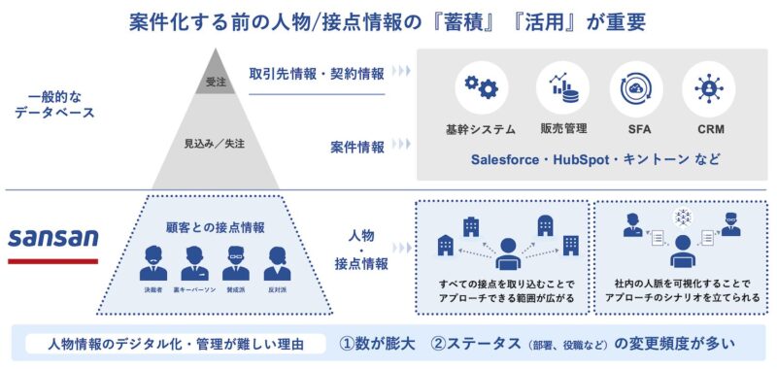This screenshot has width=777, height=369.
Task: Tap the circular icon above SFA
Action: [x=636, y=88]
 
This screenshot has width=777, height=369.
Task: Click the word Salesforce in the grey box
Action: [x=511, y=158]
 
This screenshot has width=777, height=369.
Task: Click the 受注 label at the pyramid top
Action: [x=216, y=84]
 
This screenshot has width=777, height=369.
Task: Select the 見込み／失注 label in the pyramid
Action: [x=215, y=144]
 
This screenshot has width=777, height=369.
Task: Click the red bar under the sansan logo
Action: [x=52, y=260]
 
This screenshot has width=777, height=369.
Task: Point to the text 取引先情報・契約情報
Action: [x=316, y=74]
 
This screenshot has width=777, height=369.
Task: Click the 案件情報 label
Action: [x=356, y=148]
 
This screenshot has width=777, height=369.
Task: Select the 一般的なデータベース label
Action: [x=47, y=107]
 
